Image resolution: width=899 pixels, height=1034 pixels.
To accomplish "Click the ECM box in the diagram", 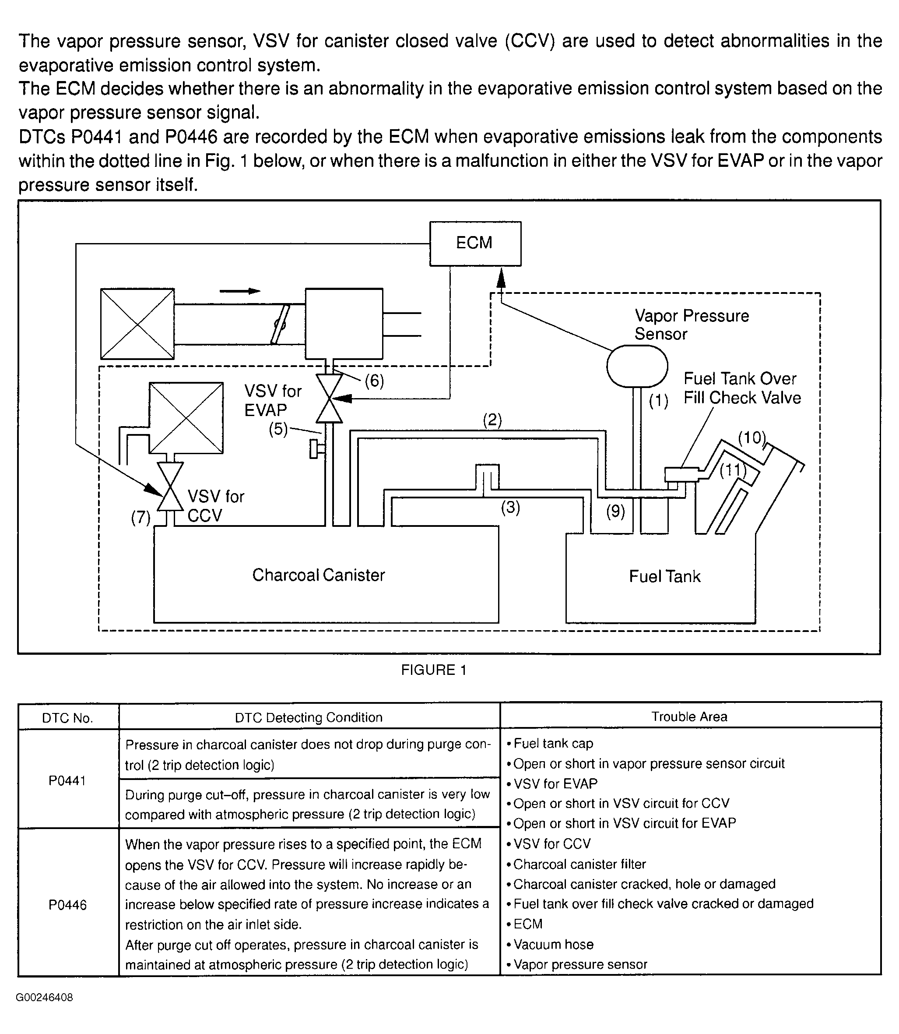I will pyautogui.click(x=474, y=244).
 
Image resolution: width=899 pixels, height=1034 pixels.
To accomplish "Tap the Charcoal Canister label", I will pyautogui.click(x=318, y=575).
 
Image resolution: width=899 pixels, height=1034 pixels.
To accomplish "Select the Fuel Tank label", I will pyautogui.click(x=664, y=576).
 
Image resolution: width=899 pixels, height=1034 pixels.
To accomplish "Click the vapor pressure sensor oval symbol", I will pyautogui.click(x=637, y=366).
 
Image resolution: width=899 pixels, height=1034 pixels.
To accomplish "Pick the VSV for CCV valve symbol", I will pyautogui.click(x=170, y=486).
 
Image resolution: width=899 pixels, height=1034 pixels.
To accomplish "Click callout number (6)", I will pyautogui.click(x=374, y=381).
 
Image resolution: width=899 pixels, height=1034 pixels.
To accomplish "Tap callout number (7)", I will pyautogui.click(x=140, y=518).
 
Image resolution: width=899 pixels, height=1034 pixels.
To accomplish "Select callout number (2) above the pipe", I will pyautogui.click(x=492, y=420).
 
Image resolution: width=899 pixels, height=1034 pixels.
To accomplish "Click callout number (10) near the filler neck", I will pyautogui.click(x=752, y=438).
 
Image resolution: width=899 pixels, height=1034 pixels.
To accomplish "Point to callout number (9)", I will pyautogui.click(x=615, y=511).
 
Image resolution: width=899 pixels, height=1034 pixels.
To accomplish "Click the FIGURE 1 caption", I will pyautogui.click(x=434, y=670).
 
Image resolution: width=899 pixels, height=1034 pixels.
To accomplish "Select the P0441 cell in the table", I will pyautogui.click(x=68, y=780).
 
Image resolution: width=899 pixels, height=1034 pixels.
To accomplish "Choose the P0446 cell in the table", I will pyautogui.click(x=68, y=904).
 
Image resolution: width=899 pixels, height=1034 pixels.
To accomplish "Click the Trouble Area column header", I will pyautogui.click(x=689, y=717).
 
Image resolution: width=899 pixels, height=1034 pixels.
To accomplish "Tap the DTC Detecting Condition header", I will pyautogui.click(x=309, y=717).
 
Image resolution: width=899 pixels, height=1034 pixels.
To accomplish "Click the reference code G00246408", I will pyautogui.click(x=44, y=997).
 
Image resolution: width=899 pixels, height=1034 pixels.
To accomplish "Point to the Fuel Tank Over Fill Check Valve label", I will pyautogui.click(x=741, y=388).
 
